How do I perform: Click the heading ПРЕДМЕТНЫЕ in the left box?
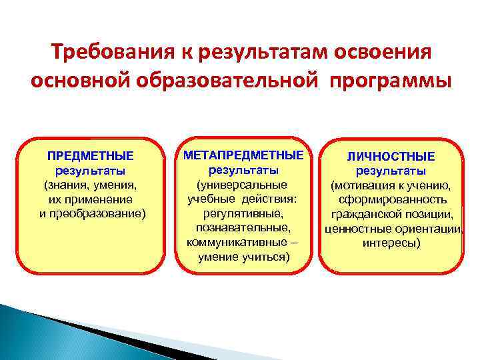pos(90,157)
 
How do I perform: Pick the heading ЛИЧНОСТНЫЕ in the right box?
pos(391,157)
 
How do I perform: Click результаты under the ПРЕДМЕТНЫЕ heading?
pos(90,171)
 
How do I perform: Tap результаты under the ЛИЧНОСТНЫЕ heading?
pos(391,171)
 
